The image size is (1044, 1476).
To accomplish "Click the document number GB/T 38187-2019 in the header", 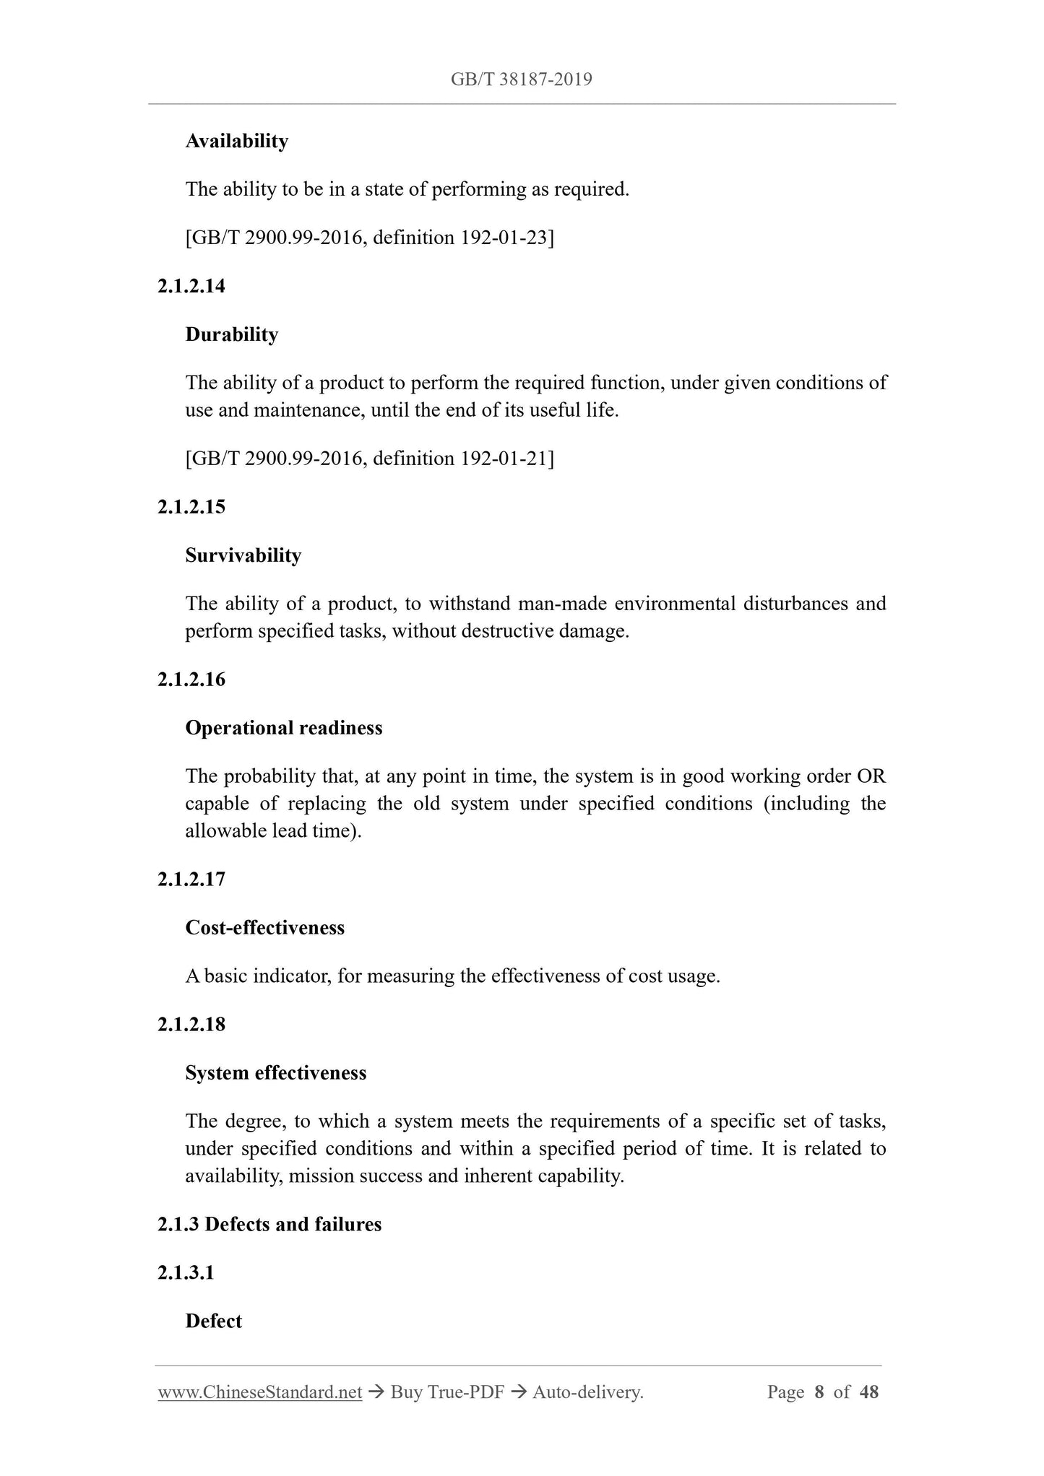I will coord(521,79).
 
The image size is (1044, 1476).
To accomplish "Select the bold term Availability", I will coord(236,141).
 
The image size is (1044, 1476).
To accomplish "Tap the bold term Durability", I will coord(231,334).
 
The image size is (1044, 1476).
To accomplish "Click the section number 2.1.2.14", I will coord(191,286).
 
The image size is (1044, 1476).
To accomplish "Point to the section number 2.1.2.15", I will coord(191,507).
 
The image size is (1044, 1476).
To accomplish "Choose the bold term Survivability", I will coord(243,555).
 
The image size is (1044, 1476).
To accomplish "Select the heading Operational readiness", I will coord(284,728).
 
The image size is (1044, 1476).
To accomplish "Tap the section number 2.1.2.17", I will coord(191,880).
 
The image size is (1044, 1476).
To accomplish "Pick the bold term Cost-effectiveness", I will coord(264,928).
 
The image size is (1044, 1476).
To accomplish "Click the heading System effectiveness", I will coord(275,1073).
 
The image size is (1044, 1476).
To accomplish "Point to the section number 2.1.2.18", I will coord(191,1025).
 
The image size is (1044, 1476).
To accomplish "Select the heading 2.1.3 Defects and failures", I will coord(269,1225).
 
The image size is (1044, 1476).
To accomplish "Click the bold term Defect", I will coord(213,1321).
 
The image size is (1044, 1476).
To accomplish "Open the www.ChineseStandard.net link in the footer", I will coord(259,1392).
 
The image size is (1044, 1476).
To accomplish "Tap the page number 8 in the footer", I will coord(819,1392).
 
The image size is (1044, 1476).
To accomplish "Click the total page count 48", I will coord(869,1392).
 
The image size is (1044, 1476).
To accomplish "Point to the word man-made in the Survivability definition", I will coord(562,604).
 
